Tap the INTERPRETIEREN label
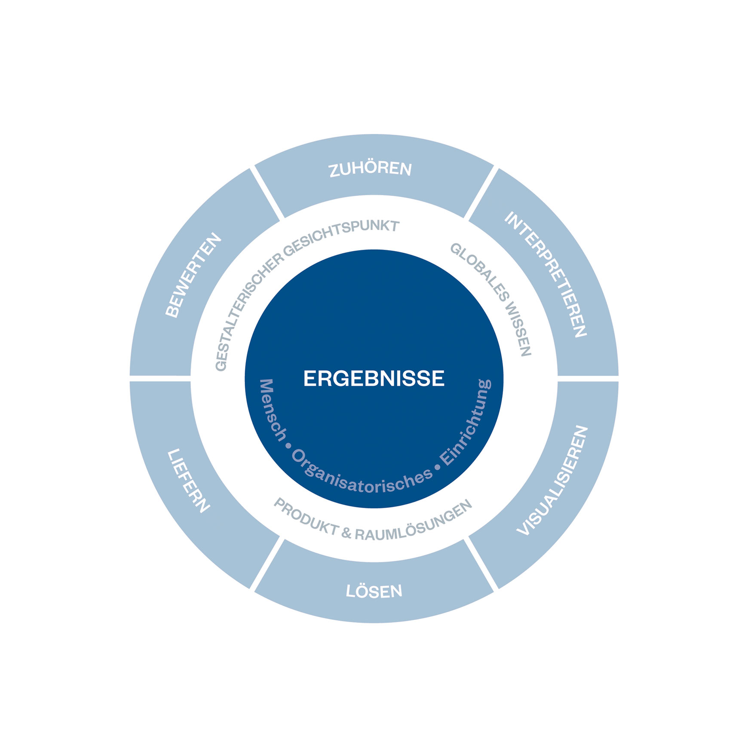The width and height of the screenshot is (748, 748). point(546,274)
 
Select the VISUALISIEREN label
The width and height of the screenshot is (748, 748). point(552,481)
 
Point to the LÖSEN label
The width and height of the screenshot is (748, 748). point(374,591)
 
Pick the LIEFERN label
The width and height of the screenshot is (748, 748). point(188,481)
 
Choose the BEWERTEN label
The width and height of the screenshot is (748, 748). point(193,275)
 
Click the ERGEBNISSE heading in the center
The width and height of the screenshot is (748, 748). point(374,379)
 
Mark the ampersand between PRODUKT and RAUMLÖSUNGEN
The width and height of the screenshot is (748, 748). point(346,533)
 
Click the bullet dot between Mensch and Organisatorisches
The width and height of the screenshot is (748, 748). point(288,446)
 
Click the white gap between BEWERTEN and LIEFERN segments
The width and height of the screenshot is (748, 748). point(160,378)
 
